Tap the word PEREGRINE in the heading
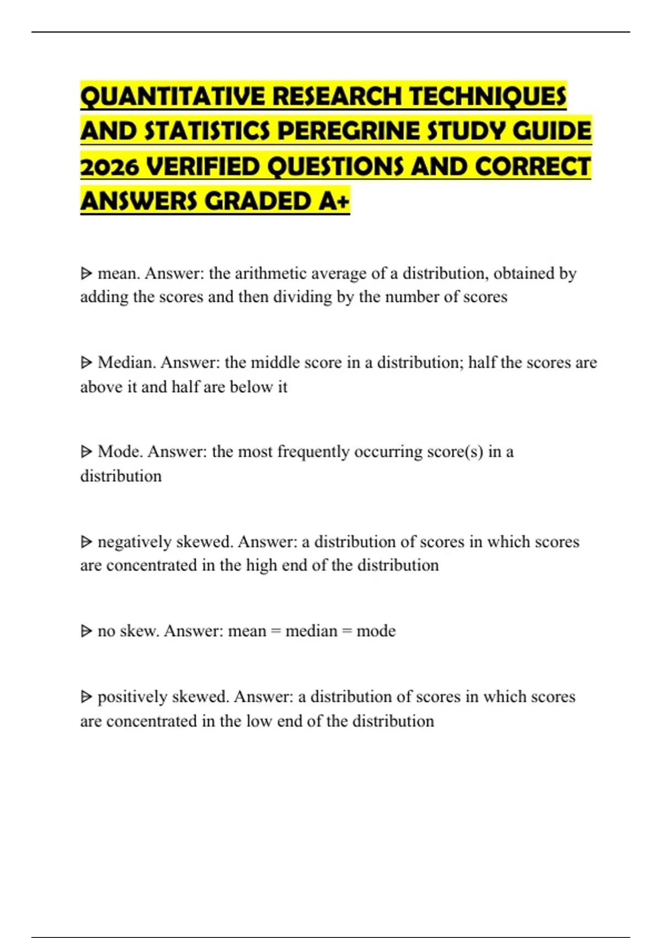click(348, 131)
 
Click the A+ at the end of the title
click(334, 201)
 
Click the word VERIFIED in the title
click(204, 167)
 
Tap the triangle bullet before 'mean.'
click(86, 273)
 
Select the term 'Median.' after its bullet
click(127, 363)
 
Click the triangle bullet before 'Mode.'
click(86, 452)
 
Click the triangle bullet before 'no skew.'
click(86, 631)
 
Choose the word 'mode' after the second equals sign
click(376, 631)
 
